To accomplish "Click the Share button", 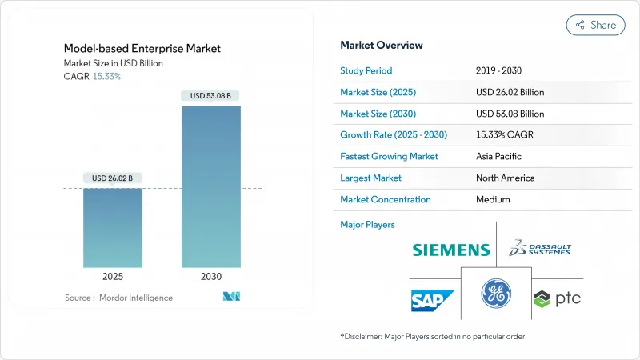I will pyautogui.click(x=596, y=25).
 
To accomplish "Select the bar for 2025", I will pyautogui.click(x=113, y=227).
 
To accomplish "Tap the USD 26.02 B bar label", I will pyautogui.click(x=113, y=177).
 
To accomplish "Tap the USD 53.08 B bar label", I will pyautogui.click(x=211, y=96).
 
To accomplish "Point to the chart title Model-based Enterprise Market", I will pyautogui.click(x=142, y=49).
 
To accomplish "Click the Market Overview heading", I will pyautogui.click(x=382, y=46).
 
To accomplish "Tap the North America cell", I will pyautogui.click(x=505, y=178).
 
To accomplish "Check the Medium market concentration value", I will pyautogui.click(x=494, y=200).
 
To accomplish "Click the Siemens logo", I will pyautogui.click(x=450, y=250).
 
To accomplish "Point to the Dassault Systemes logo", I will pyautogui.click(x=542, y=249).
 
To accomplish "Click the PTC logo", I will pyautogui.click(x=557, y=298).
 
